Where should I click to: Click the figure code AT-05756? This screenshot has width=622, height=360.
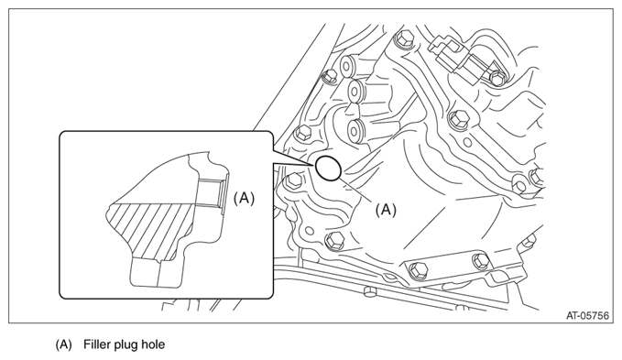[x=587, y=316]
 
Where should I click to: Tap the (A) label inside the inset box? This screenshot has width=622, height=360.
[x=244, y=198]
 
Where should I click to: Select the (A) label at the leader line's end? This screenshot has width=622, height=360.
[x=386, y=210]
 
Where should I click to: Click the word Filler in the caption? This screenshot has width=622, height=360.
[x=96, y=344]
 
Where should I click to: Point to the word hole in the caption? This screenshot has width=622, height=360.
[x=154, y=344]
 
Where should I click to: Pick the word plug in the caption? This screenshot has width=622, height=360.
[x=126, y=345]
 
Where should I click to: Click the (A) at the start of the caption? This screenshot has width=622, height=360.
[x=63, y=345]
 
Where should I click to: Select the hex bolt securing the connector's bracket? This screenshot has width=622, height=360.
[x=497, y=77]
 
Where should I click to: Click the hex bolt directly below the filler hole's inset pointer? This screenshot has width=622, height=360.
[x=293, y=181]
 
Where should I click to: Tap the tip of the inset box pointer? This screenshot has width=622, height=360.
[x=310, y=164]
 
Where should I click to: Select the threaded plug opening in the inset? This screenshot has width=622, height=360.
[x=211, y=192]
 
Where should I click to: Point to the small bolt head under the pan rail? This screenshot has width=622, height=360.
[x=370, y=292]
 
